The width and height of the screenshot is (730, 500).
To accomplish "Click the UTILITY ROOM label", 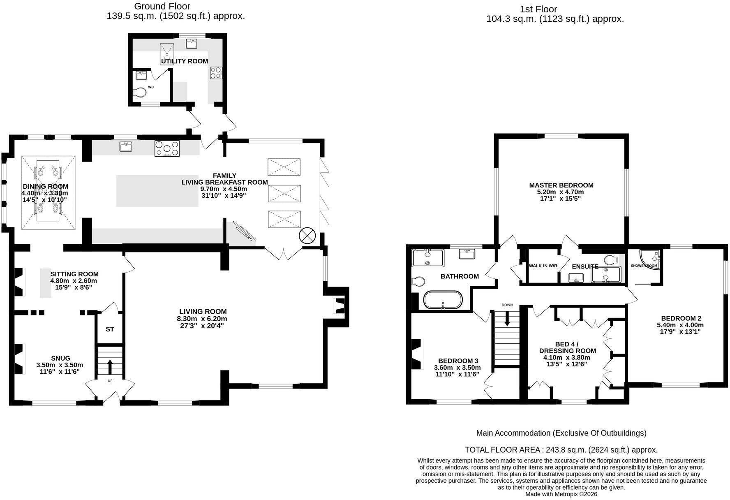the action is (184, 61).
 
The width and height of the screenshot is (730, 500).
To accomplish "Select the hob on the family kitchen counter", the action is (167, 148).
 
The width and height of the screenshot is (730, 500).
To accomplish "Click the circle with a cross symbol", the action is (307, 236).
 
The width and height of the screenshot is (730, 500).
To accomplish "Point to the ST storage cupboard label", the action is (110, 329).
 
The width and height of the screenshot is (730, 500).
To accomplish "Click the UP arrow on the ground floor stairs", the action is (110, 367).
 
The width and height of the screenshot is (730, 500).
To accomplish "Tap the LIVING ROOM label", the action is (203, 312).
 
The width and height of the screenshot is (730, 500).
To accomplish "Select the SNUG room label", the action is (60, 358).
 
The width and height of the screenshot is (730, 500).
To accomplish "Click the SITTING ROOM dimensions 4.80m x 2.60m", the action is (74, 281).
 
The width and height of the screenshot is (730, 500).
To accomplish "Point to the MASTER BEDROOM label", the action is (561, 185).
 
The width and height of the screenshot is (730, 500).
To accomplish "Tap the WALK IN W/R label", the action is (543, 266).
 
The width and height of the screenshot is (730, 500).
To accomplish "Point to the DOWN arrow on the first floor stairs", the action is (507, 318).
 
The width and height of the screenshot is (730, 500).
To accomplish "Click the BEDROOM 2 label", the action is (681, 318).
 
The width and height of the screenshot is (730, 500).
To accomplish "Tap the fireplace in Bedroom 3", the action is (417, 354).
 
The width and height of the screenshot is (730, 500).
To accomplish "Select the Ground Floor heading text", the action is (162, 7).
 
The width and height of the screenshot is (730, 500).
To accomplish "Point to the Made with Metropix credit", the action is (561, 494).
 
